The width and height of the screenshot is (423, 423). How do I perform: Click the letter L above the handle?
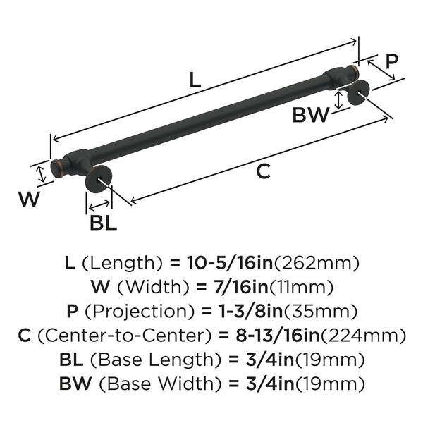195,80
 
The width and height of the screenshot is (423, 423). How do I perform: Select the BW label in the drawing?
310,115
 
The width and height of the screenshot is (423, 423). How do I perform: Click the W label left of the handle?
29,200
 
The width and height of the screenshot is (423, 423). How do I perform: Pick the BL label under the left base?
103,224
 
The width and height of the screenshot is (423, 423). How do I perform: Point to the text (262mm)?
317,264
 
